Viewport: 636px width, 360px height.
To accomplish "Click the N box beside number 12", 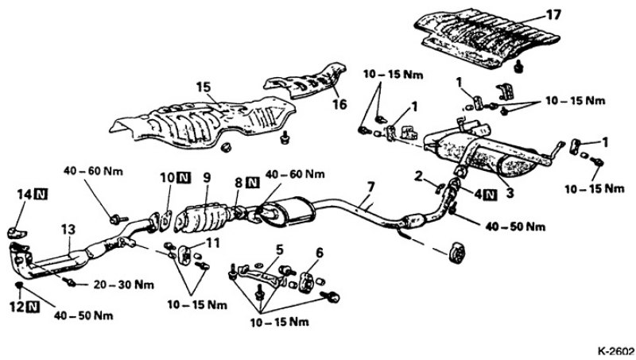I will click(34, 304).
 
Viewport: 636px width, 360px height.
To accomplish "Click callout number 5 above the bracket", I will click(277, 249).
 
